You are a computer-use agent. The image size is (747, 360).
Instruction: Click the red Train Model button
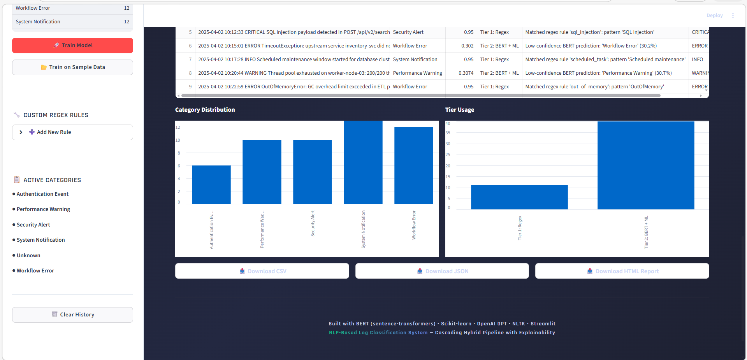tap(73, 46)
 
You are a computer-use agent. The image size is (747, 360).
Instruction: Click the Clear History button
tap(73, 315)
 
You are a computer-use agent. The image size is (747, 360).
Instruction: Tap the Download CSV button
tap(262, 271)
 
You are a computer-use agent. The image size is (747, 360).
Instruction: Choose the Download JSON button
tap(442, 271)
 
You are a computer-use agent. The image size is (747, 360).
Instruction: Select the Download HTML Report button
tap(622, 271)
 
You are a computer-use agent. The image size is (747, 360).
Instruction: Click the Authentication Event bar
tap(211, 185)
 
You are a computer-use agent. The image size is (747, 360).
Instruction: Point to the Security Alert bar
tap(312, 172)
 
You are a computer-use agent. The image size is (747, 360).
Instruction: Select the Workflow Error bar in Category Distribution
tap(413, 165)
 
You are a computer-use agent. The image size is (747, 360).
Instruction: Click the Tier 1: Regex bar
tap(519, 197)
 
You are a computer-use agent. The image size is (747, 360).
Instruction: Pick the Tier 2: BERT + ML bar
tap(646, 165)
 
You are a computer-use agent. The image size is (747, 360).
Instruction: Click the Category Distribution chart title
tap(205, 110)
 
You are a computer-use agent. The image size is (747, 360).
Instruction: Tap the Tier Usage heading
tap(460, 110)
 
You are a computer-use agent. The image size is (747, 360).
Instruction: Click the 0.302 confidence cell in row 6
tap(467, 46)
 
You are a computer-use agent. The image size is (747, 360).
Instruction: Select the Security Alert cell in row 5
tap(408, 32)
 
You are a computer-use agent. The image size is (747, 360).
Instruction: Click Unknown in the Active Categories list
tap(28, 256)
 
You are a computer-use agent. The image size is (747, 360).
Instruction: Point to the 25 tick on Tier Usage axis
tap(448, 155)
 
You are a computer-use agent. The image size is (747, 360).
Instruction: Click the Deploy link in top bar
tap(714, 16)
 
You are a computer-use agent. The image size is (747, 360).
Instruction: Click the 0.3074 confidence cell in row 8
tap(466, 73)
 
